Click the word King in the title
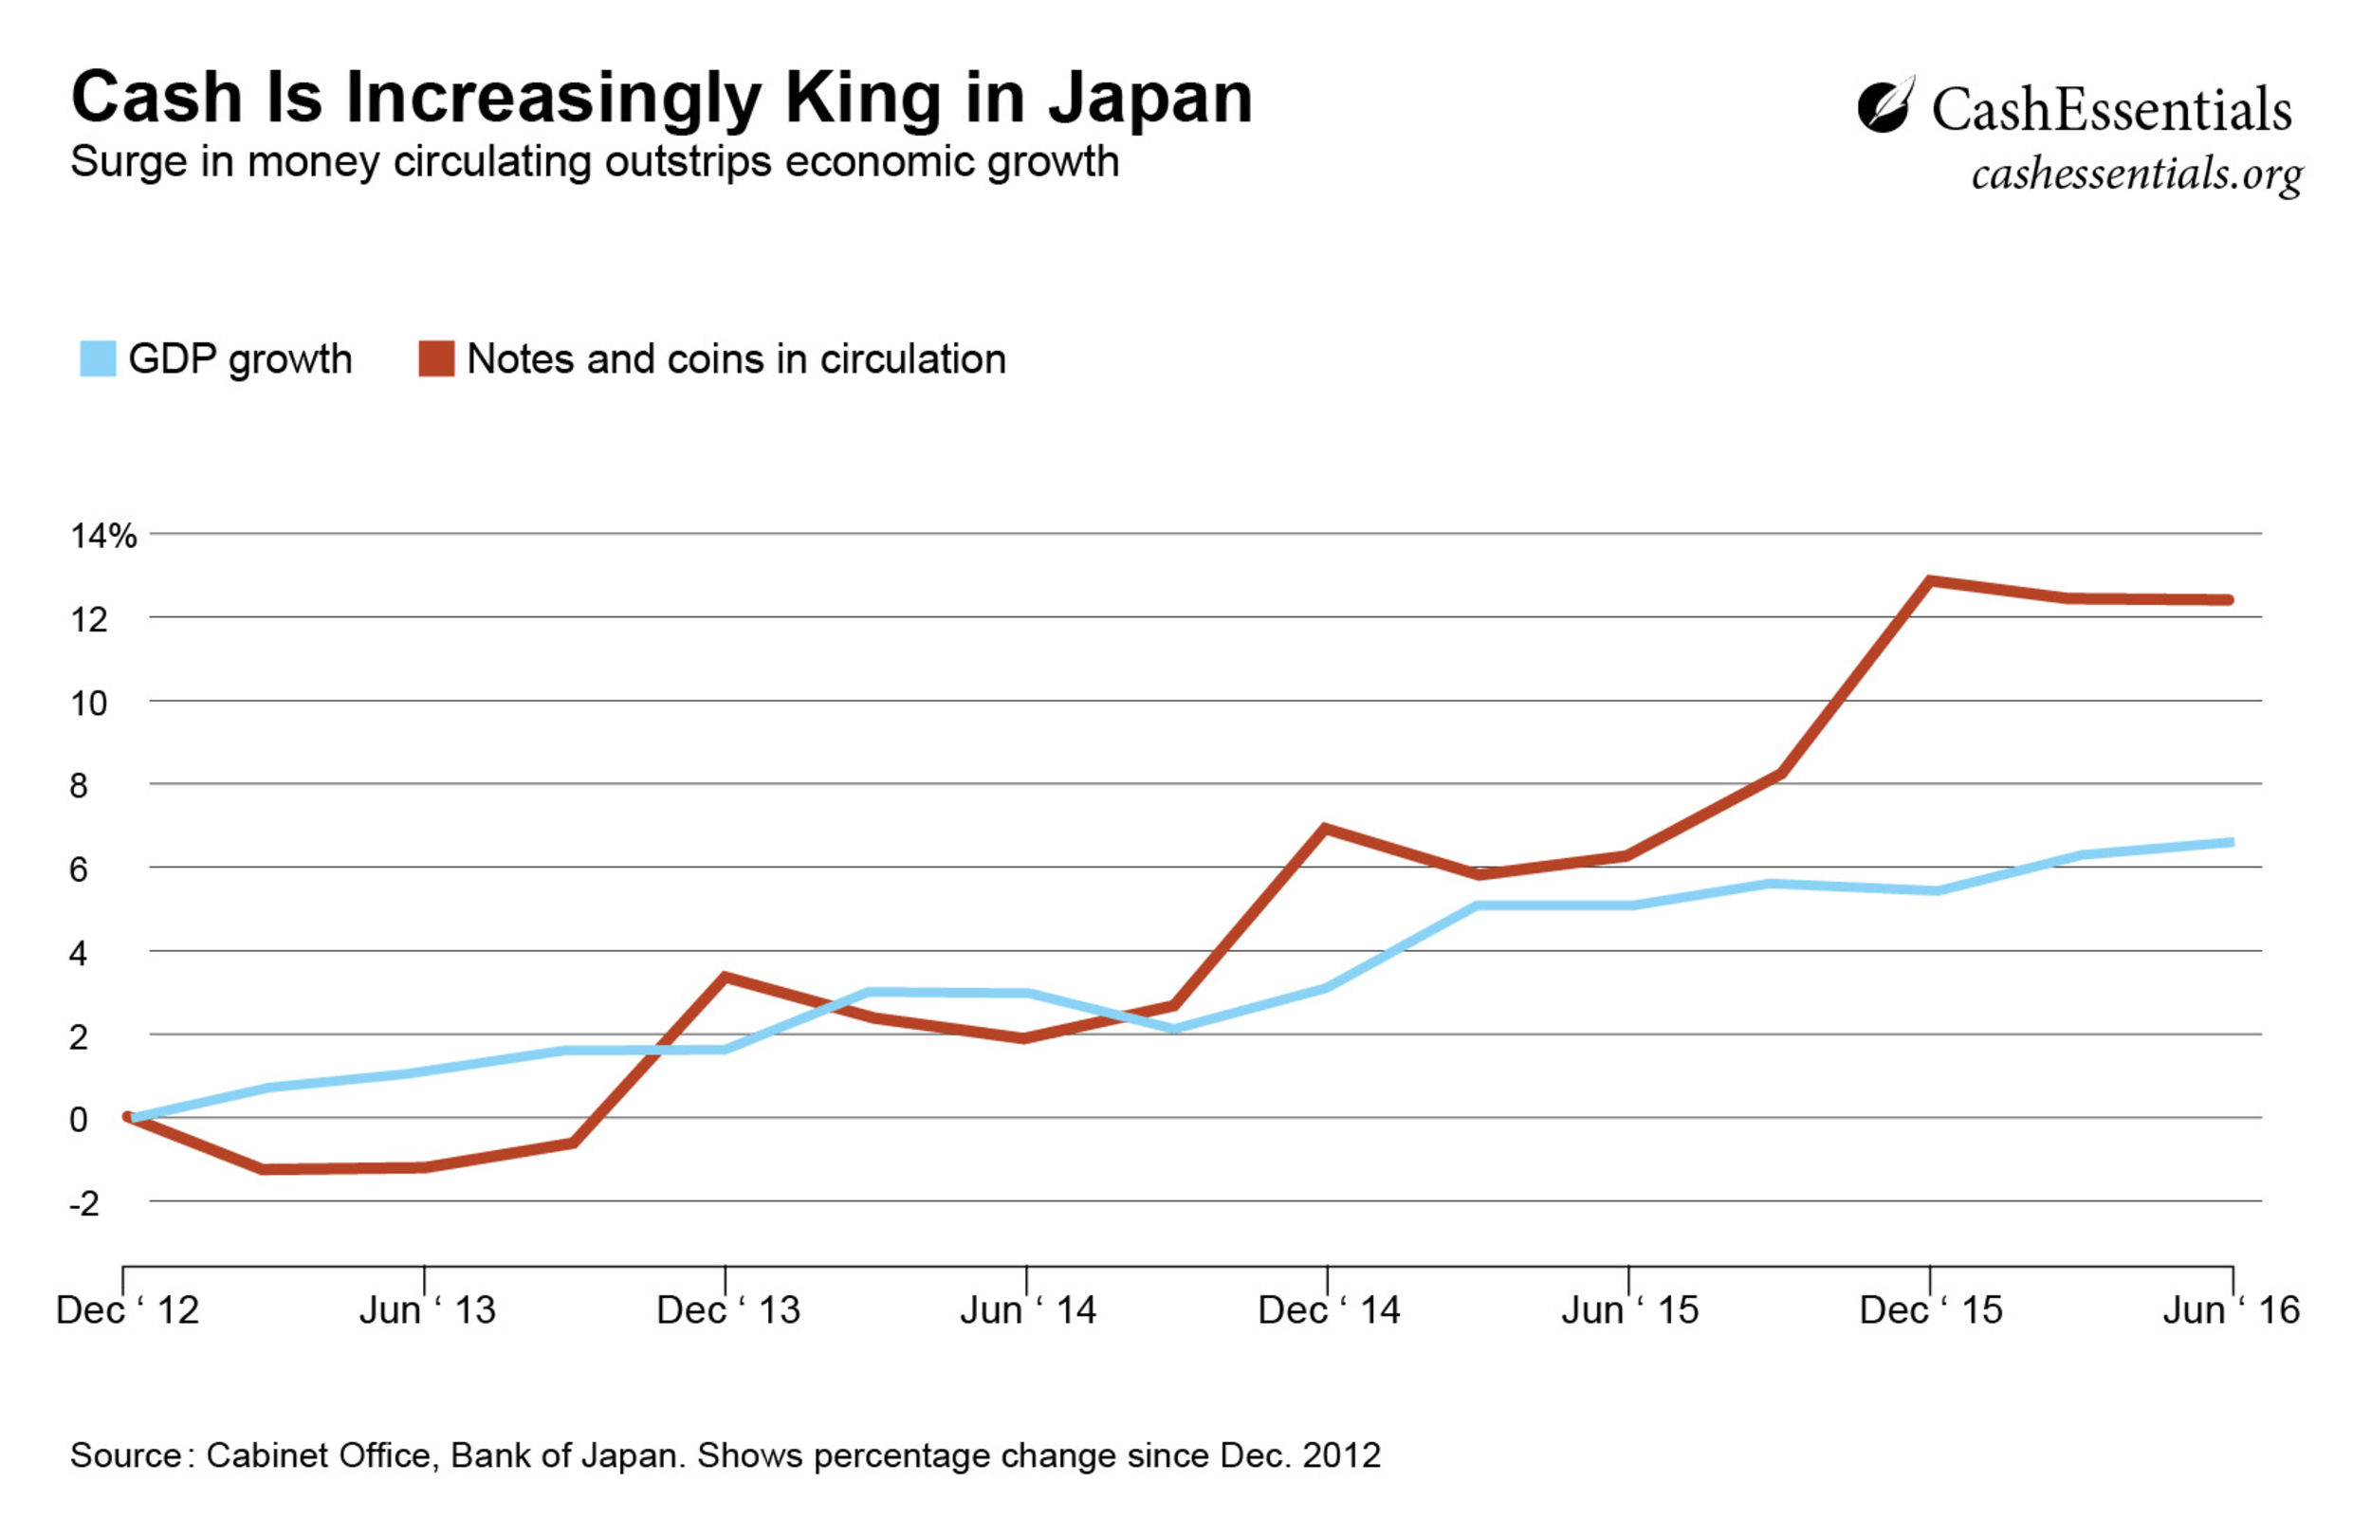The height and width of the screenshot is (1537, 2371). (863, 99)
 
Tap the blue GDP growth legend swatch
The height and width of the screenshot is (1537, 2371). (98, 358)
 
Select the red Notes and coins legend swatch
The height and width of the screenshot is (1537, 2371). (436, 358)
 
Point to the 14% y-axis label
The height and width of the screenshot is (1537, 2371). (102, 536)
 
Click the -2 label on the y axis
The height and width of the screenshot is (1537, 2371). (83, 1203)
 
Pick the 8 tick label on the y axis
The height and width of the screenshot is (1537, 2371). (79, 786)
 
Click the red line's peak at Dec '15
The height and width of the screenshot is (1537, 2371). (1931, 579)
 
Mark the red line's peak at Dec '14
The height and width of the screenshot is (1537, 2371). (1326, 828)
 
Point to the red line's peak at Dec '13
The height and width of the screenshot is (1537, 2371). (726, 978)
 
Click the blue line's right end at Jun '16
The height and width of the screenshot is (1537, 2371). (2229, 843)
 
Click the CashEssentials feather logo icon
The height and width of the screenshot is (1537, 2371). (1884, 105)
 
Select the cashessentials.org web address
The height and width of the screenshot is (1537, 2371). (2136, 174)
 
